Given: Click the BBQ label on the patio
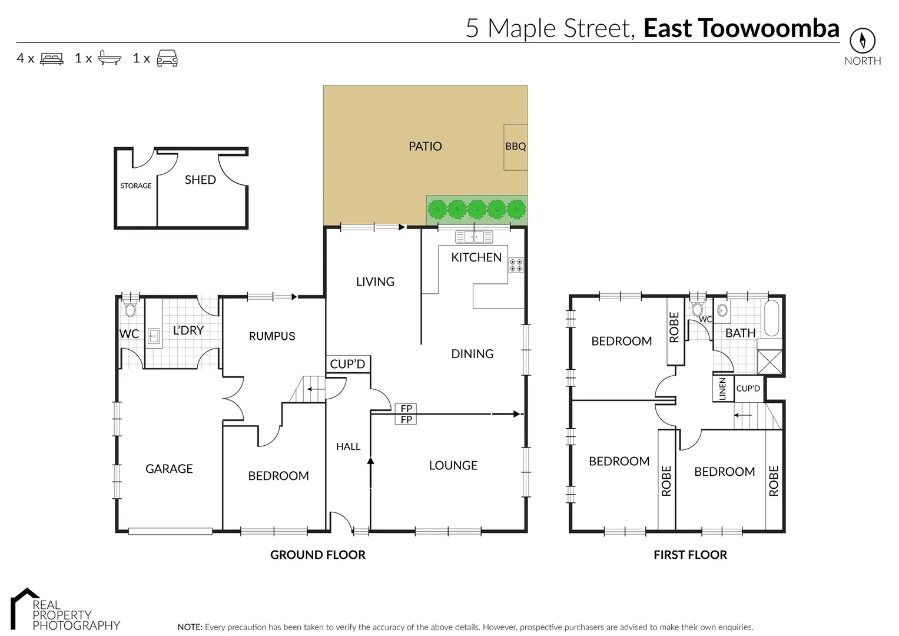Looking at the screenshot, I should (515, 147).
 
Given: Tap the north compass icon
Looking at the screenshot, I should (862, 41).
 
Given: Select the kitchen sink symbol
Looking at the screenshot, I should (474, 237).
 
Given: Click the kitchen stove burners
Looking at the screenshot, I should (516, 265).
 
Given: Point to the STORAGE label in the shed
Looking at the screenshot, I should (136, 185).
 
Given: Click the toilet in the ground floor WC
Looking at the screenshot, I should (130, 310).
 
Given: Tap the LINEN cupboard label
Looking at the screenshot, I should (723, 389).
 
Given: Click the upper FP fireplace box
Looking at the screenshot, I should (406, 409).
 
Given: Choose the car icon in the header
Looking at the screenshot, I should (167, 58).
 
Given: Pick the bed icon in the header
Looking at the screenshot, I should (52, 58).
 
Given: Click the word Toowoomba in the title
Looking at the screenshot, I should (768, 28).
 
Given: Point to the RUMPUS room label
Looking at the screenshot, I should (272, 336).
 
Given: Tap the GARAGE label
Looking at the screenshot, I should (169, 469).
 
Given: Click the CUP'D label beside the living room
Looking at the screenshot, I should (347, 364).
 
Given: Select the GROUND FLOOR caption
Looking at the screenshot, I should (317, 555).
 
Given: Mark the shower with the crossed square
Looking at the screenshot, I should (769, 362).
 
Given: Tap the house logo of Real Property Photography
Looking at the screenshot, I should (24, 607).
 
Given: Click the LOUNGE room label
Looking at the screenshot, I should (453, 465).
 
